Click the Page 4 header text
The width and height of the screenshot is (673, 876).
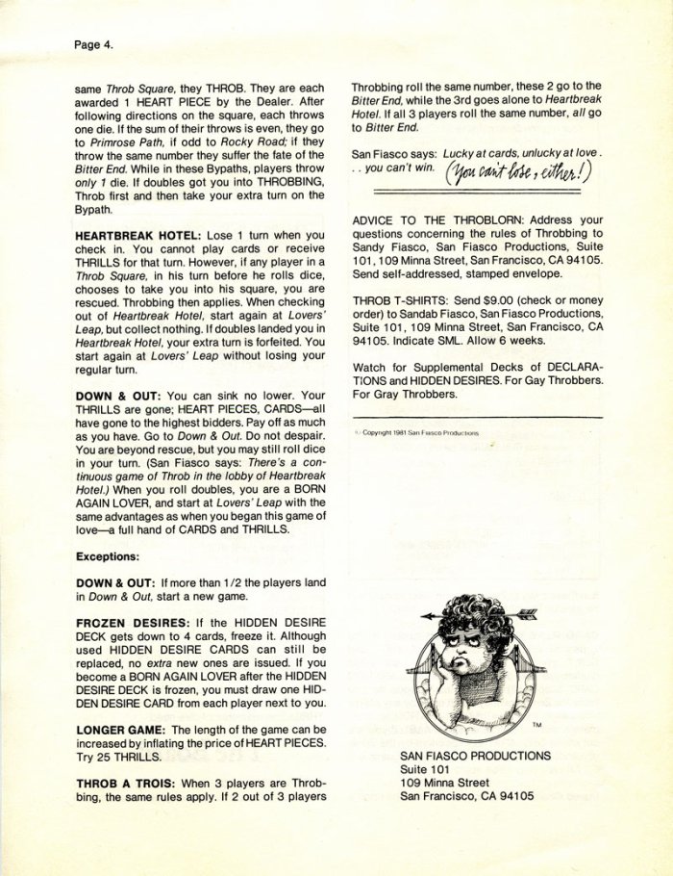click(x=94, y=43)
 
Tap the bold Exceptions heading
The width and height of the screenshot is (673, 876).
click(x=108, y=556)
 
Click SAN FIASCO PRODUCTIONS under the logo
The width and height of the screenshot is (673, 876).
click(x=475, y=756)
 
